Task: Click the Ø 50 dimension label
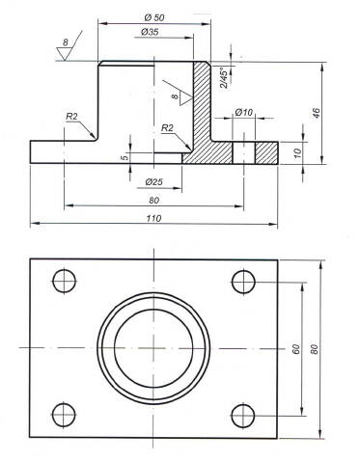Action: click(x=154, y=17)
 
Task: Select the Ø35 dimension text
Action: click(x=150, y=32)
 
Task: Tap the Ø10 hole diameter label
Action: click(x=244, y=112)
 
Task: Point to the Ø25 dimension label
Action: click(x=153, y=182)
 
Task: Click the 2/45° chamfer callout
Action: click(x=225, y=77)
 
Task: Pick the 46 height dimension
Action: click(x=317, y=113)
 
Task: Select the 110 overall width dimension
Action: click(x=153, y=218)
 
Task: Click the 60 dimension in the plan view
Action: click(x=296, y=349)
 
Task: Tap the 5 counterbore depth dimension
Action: click(x=125, y=157)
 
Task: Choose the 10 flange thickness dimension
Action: click(x=298, y=152)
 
